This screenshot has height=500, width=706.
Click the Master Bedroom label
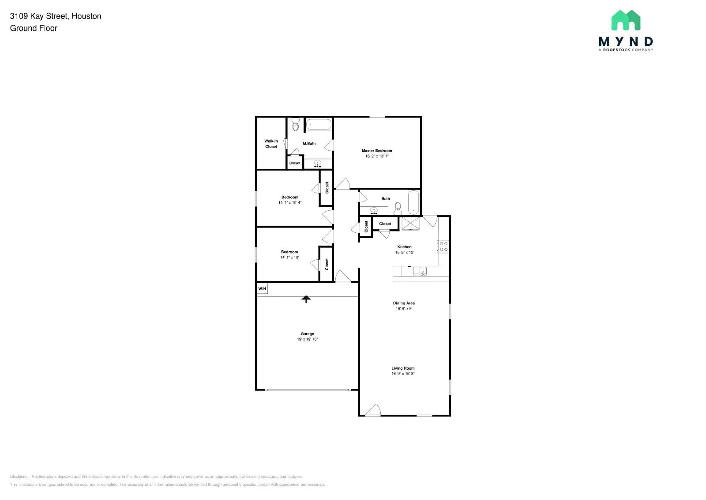pyautogui.click(x=377, y=151)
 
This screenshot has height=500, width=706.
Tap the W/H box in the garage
pyautogui.click(x=262, y=289)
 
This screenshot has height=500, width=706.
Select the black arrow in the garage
pyautogui.click(x=306, y=299)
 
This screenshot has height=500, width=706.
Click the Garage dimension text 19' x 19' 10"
pyautogui.click(x=307, y=339)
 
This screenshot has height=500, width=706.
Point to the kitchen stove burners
pyautogui.click(x=443, y=246)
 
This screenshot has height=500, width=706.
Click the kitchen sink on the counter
pyautogui.click(x=420, y=271)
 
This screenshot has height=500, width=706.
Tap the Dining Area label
pyautogui.click(x=404, y=303)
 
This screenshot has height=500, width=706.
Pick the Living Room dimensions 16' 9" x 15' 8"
pyautogui.click(x=403, y=374)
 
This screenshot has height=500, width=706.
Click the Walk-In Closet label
pyautogui.click(x=271, y=144)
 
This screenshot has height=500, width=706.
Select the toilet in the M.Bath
pyautogui.click(x=296, y=125)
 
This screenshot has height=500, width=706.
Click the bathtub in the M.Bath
pyautogui.click(x=319, y=124)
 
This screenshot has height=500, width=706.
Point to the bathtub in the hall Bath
pyautogui.click(x=413, y=202)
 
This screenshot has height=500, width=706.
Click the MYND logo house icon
pyautogui.click(x=626, y=20)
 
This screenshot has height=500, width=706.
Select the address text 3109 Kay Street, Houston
pyautogui.click(x=56, y=16)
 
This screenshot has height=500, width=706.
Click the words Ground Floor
pyautogui.click(x=34, y=28)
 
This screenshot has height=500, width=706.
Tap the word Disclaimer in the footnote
pyautogui.click(x=19, y=477)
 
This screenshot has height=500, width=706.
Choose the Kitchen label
pyautogui.click(x=404, y=247)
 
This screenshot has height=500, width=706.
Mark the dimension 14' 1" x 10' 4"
pyautogui.click(x=290, y=203)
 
